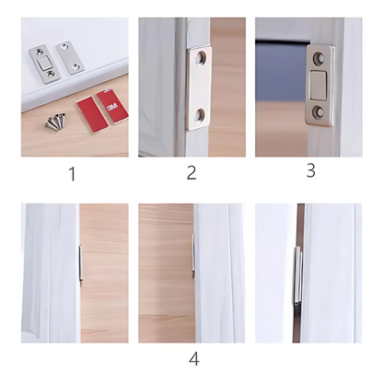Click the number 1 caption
73,174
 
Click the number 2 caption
191,172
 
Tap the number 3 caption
310,169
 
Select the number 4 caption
193,359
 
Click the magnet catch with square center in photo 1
43,60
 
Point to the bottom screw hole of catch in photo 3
319,111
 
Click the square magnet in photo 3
319,85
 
